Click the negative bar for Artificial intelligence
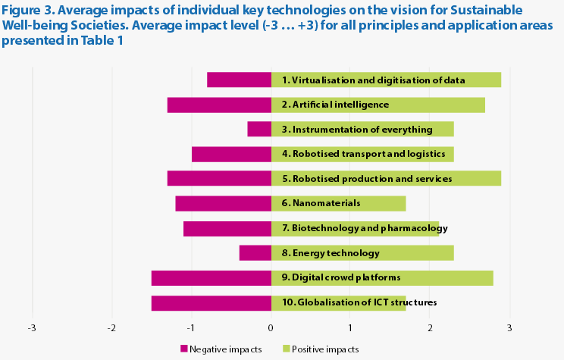click(219, 105)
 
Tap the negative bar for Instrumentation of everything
click(259, 130)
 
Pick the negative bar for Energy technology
click(255, 253)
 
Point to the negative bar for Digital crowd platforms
click(211, 278)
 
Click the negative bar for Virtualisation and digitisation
click(239, 80)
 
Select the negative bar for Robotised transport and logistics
click(231, 154)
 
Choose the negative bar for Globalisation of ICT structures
click(211, 303)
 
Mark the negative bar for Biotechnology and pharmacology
click(227, 228)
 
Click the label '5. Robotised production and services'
click(367, 179)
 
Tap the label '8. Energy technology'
click(331, 253)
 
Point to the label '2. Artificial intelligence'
click(335, 105)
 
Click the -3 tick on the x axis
click(32, 328)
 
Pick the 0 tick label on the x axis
click(271, 328)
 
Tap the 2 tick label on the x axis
click(430, 328)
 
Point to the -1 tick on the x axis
click(191, 328)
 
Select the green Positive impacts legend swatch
click(286, 349)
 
